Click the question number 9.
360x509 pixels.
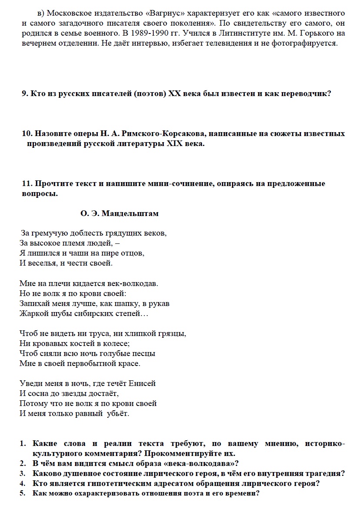(x=24, y=93)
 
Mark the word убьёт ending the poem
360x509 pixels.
(x=118, y=413)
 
